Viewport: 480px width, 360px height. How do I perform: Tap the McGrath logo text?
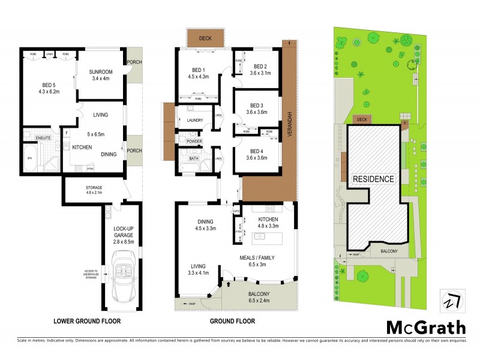click(425, 328)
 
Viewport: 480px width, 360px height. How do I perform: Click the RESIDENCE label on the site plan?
click(373, 179)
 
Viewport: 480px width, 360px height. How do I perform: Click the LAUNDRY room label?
click(195, 120)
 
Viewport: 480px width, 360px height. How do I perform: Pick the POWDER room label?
click(194, 142)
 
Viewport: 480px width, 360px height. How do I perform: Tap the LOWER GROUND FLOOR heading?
click(86, 321)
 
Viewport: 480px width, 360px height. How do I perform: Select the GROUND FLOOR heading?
click(233, 321)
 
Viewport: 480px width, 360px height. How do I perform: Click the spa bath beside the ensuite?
click(29, 158)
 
